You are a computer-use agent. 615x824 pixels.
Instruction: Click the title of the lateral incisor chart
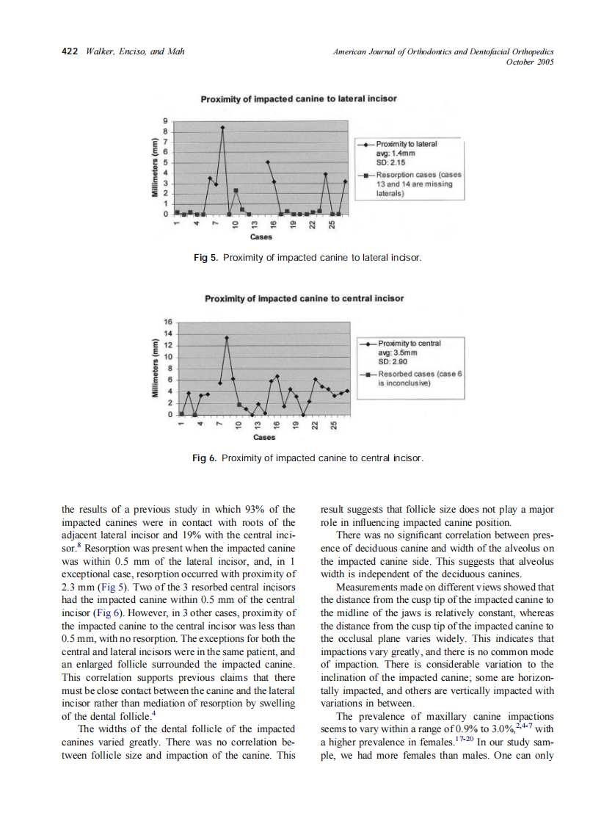point(299,98)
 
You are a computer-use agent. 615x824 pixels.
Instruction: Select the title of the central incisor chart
point(304,299)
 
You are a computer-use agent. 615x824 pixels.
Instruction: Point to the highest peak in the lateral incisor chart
point(222,128)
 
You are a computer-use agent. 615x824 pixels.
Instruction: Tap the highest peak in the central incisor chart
point(228,338)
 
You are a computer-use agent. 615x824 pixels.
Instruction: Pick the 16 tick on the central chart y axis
point(167,322)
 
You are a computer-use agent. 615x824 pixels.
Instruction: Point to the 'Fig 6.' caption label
point(205,458)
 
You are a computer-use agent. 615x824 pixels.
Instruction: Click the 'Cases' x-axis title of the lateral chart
point(261,237)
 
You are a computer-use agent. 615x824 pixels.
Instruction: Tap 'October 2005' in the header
point(530,62)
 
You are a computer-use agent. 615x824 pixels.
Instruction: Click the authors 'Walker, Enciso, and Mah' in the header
point(135,51)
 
